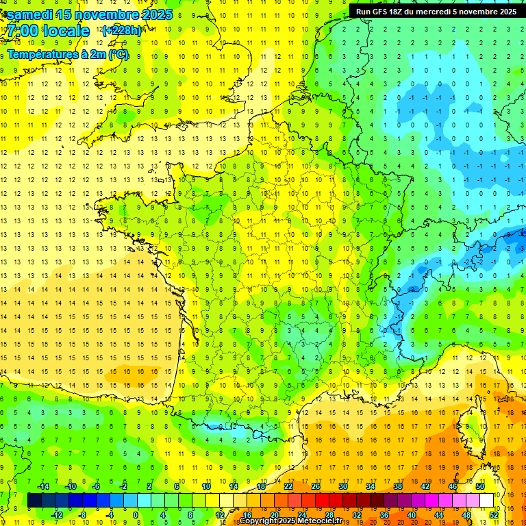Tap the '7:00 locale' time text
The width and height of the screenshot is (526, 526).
tap(48, 31)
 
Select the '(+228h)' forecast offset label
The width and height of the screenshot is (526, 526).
tap(121, 30)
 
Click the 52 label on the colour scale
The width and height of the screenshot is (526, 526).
tap(494, 515)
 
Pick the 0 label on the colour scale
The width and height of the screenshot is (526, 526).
tap(136, 515)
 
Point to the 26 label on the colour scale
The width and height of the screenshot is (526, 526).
tap(316, 486)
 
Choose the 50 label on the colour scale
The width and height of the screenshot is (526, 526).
tap(479, 486)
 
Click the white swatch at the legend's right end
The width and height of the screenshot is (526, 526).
tap(486, 501)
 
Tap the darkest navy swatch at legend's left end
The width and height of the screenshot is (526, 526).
tap(34, 501)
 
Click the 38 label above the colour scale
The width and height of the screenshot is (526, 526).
tap(397, 486)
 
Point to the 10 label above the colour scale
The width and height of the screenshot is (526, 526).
tap(205, 486)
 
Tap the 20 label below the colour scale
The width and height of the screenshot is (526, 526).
tap(274, 515)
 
